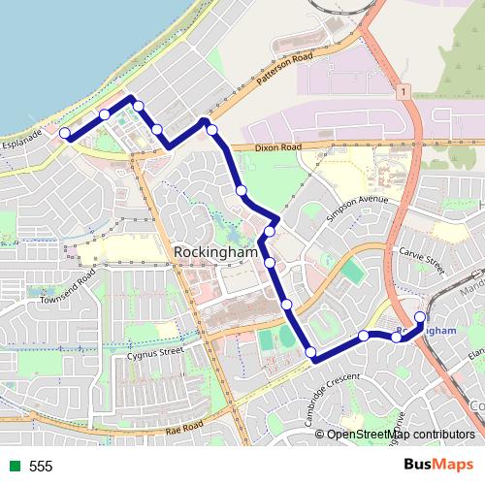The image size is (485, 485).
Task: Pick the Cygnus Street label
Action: point(155,352)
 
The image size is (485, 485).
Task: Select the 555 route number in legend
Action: point(41,467)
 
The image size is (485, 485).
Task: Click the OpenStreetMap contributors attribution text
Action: point(401,435)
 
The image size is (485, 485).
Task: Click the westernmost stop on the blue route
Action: point(65,133)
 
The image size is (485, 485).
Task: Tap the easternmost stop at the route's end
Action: point(420,317)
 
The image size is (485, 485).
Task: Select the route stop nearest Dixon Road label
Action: point(211,129)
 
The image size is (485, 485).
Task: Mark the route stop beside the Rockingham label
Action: point(269,262)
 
